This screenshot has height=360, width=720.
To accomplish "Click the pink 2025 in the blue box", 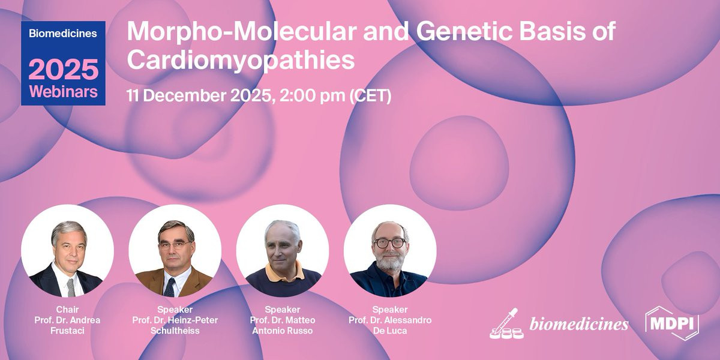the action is click(x=64, y=69).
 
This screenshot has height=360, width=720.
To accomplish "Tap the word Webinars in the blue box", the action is click(x=64, y=92).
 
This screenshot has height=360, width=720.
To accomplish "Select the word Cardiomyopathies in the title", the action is click(x=241, y=60).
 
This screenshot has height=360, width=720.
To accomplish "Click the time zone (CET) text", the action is click(x=370, y=96).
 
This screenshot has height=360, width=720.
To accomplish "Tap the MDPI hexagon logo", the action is click(x=672, y=323).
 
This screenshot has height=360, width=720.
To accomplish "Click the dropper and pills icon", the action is click(x=506, y=323).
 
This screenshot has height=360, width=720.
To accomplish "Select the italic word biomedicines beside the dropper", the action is click(x=579, y=324).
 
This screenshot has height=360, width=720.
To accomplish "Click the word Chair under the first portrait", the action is click(x=67, y=310).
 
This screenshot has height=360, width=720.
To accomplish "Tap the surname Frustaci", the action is click(x=67, y=331).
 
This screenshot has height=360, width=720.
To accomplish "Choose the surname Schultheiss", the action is click(x=175, y=331).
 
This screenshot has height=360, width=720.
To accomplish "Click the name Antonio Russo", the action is click(x=282, y=331).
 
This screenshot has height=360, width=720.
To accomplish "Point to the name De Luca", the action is click(x=390, y=331).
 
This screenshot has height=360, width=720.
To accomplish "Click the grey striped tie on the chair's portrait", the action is click(x=71, y=287).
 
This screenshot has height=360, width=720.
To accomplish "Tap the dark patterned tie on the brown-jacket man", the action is click(x=169, y=287).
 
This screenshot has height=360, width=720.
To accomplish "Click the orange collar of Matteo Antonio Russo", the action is click(x=284, y=272).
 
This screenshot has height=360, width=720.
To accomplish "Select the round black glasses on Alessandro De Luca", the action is click(x=389, y=242).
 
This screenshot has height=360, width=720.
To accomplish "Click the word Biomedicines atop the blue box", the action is click(x=63, y=34).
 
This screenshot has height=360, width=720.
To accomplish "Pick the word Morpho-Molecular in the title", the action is click(x=242, y=31).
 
